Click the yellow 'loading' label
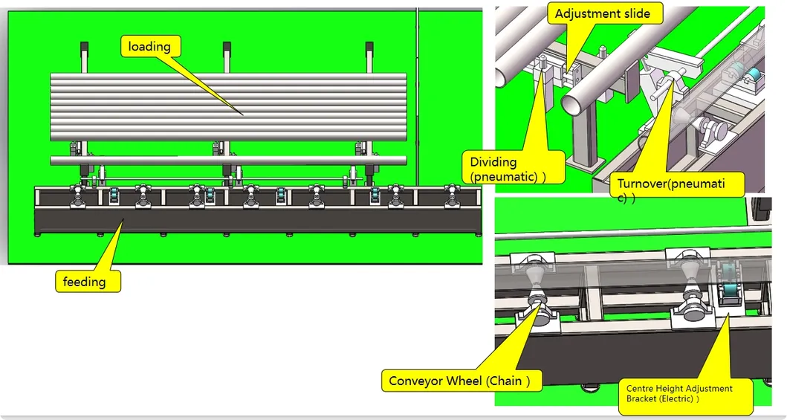click(149, 47)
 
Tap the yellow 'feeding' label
click(85, 282)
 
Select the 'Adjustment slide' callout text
click(602, 13)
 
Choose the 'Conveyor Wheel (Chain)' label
click(460, 381)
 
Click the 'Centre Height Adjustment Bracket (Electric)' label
click(678, 393)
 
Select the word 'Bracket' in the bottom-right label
click(642, 398)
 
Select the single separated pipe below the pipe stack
click(228, 161)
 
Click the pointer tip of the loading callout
click(244, 114)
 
